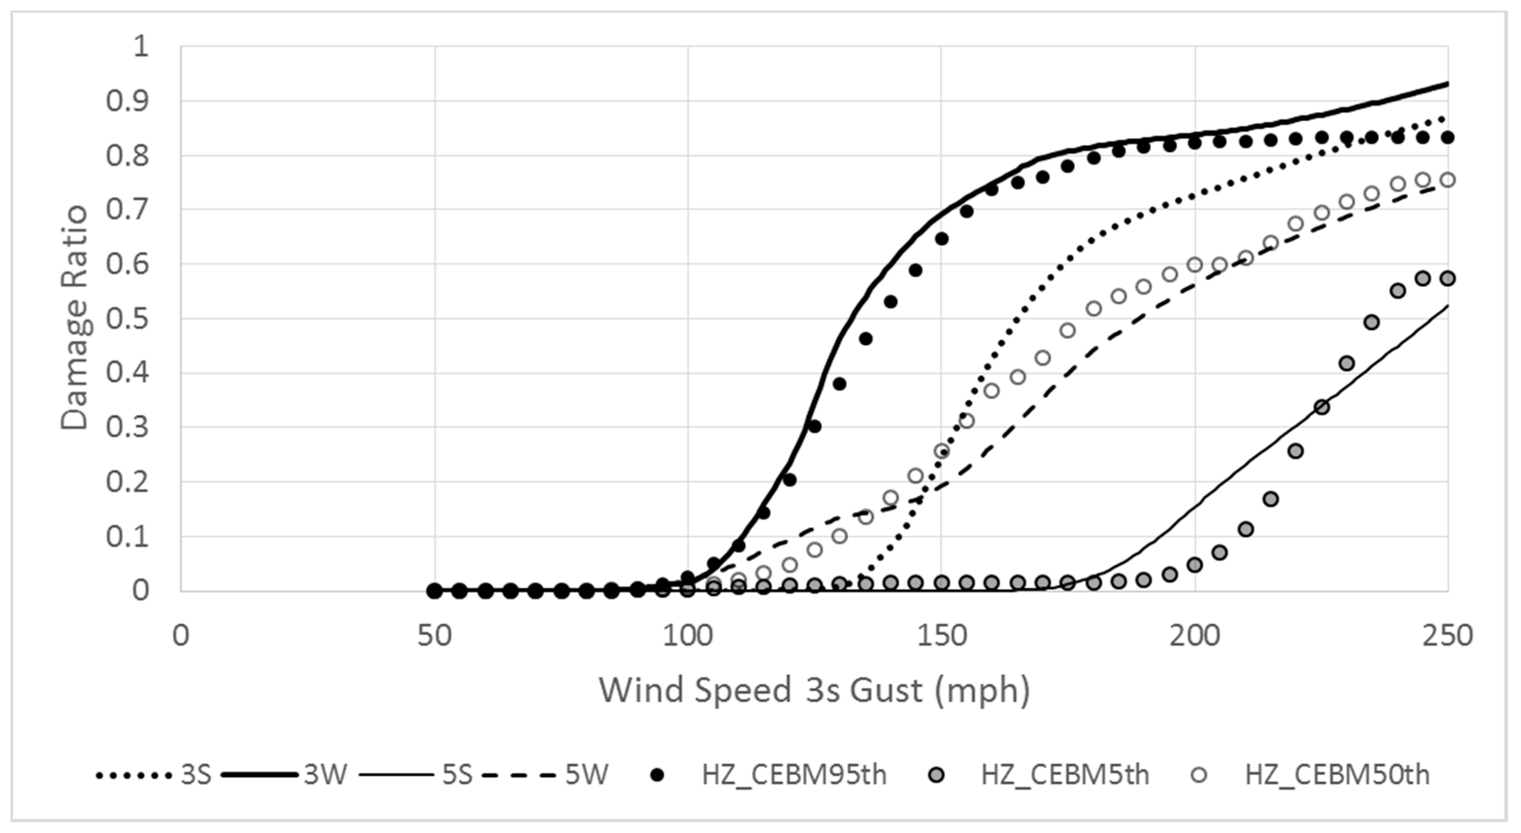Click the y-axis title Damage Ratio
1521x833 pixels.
75,318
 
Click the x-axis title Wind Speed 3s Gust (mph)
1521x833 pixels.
814,690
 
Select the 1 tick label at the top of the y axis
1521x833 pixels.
140,46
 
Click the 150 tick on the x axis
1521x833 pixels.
941,636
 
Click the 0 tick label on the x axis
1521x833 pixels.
181,636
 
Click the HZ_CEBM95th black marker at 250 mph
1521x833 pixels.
1447,138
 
